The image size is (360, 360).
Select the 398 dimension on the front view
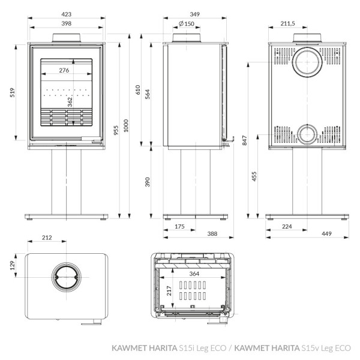tap(66, 23)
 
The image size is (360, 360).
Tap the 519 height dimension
tap(13, 92)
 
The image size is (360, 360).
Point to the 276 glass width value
tap(65, 71)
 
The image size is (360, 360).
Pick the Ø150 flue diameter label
tap(186, 23)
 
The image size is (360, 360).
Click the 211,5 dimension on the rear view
tap(288, 23)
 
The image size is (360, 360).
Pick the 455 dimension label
tap(255, 176)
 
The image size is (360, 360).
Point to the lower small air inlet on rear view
tap(306, 133)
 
